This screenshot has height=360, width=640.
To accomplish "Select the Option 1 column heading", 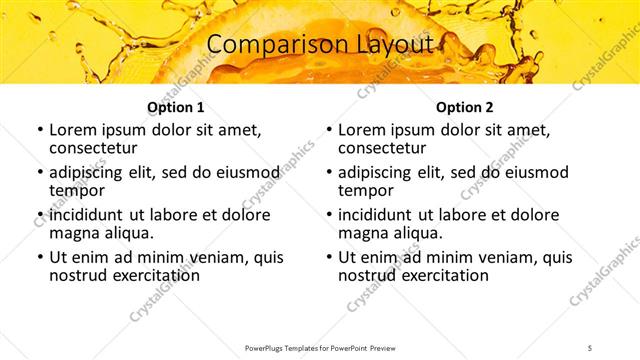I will pyautogui.click(x=176, y=107).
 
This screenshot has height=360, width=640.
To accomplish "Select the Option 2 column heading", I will pyautogui.click(x=465, y=107).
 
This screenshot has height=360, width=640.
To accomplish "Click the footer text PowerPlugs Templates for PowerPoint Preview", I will pyautogui.click(x=319, y=346).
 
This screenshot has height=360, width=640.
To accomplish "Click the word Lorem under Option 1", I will pyautogui.click(x=72, y=130).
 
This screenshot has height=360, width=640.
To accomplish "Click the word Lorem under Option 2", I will pyautogui.click(x=361, y=130).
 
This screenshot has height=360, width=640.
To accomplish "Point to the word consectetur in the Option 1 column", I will pyautogui.click(x=96, y=147).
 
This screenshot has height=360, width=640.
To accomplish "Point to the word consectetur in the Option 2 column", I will pyautogui.click(x=385, y=147).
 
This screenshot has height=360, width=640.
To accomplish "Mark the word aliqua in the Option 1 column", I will pyautogui.click(x=129, y=233).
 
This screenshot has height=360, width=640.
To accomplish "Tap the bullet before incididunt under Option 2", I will pyautogui.click(x=328, y=215).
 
